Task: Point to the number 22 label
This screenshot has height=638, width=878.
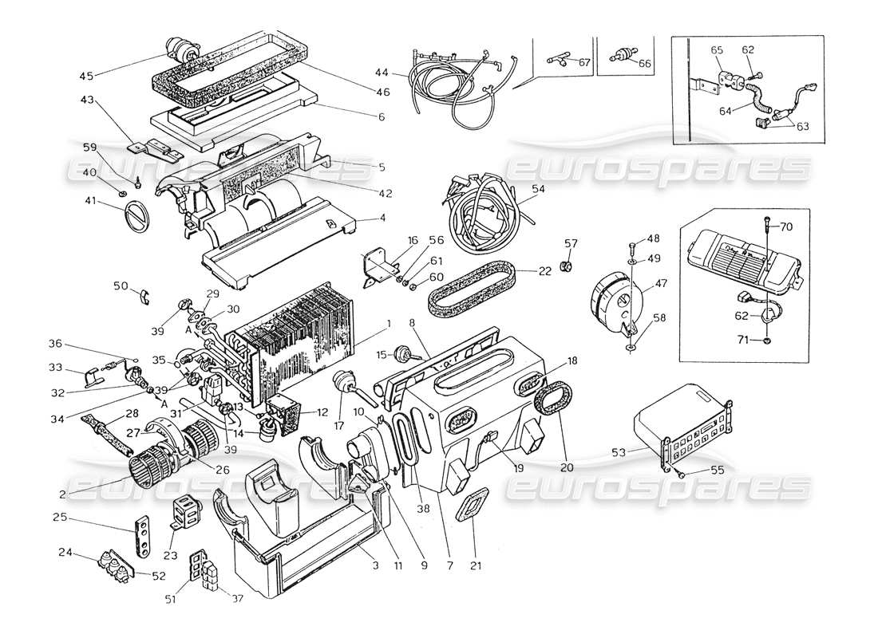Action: click(544, 271)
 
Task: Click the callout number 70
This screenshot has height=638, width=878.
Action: click(786, 226)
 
